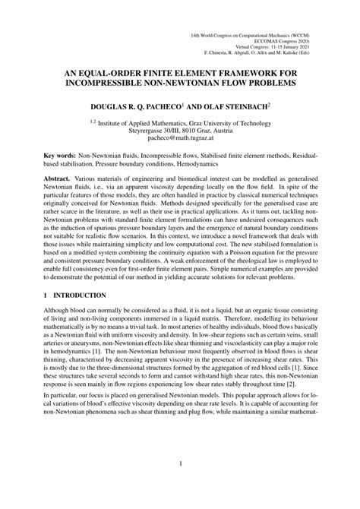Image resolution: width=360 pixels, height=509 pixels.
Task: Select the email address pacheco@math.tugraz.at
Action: [x=180, y=137]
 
